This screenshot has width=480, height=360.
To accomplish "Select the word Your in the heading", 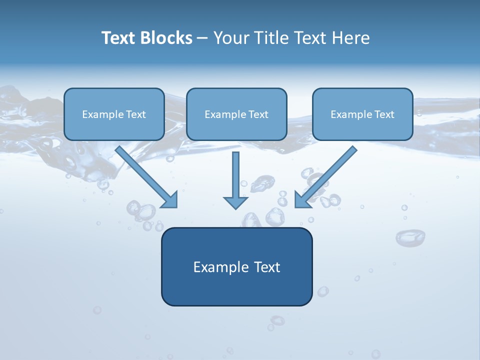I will coord(230,38).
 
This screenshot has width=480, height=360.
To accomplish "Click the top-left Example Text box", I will coord(114,114).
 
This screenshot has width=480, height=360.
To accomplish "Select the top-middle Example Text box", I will coord(236,114).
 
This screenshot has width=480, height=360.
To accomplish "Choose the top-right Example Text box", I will coord(362,114).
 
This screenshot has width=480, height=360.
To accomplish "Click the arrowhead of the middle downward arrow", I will coord(235,202).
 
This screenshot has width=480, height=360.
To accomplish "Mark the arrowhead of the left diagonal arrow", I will coord(170,199).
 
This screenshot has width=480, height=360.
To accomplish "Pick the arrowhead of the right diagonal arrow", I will coord(302,199).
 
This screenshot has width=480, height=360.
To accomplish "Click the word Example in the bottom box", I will coord(218,267).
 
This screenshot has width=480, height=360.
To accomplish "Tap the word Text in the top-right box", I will coord(384,114).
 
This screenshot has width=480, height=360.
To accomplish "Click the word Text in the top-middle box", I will coord(258,114).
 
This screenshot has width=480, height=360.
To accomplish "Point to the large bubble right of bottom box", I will coord(410,237).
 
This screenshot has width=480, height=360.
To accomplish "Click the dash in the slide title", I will coord(202,38).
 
